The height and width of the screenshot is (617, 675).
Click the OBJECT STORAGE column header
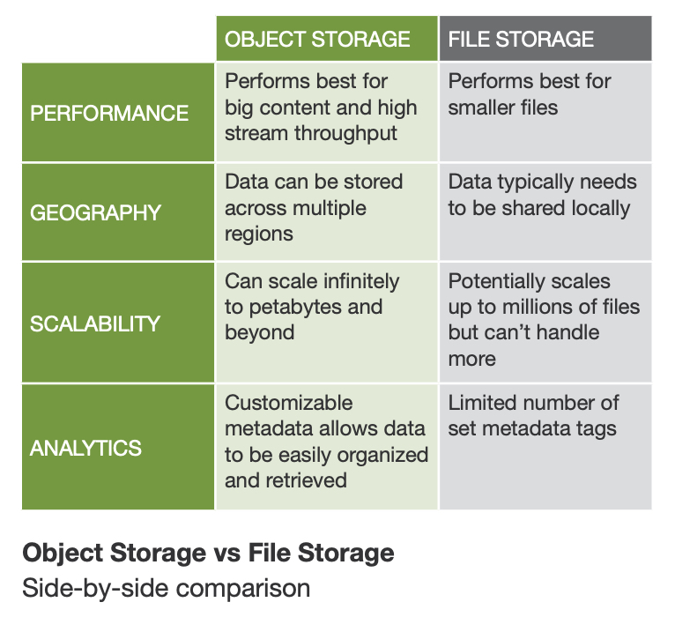point(317,39)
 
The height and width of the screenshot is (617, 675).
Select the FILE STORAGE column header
point(521,39)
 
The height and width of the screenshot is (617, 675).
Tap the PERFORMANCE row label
point(109,114)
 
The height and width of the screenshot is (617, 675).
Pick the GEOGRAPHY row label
point(96,212)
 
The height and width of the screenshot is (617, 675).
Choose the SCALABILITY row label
point(95,323)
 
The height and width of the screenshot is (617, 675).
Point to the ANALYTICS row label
point(85,448)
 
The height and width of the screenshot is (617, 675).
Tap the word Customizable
point(289,403)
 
